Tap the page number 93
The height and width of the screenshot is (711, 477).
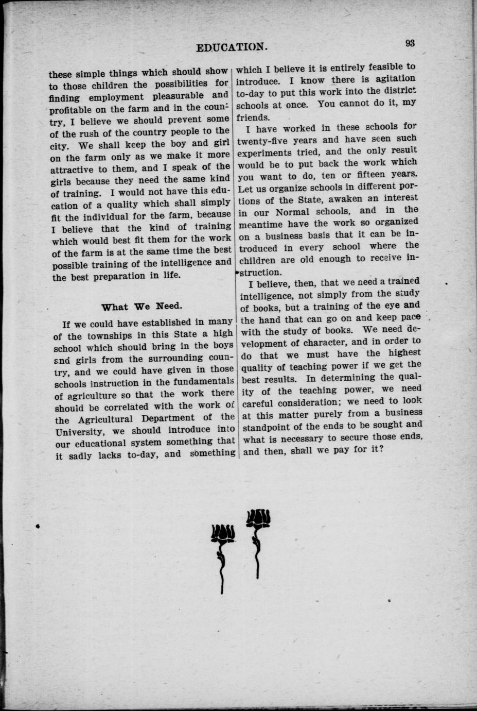[410, 43]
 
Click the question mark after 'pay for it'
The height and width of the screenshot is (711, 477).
[380, 449]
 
